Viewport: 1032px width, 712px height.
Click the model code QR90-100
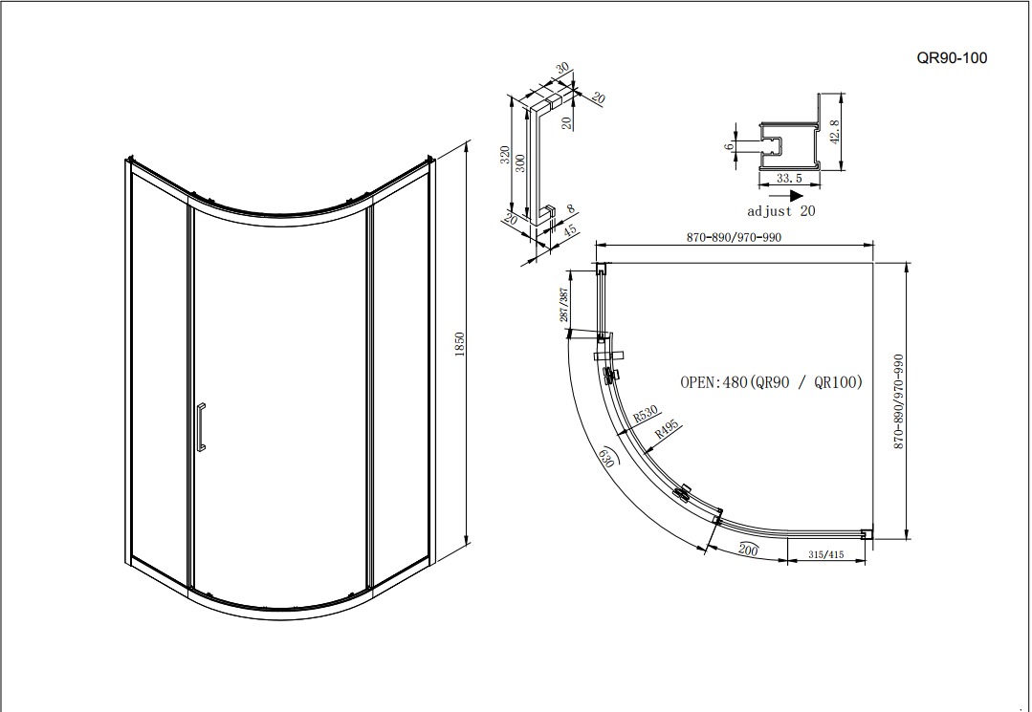(952, 58)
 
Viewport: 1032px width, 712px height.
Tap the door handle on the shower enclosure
(201, 427)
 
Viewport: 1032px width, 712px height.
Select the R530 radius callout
(645, 414)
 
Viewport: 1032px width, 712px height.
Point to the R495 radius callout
(666, 429)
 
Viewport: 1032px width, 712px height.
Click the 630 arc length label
(606, 457)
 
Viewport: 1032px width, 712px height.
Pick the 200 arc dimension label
(748, 550)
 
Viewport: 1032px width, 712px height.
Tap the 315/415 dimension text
(826, 555)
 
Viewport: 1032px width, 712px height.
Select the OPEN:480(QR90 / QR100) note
(771, 382)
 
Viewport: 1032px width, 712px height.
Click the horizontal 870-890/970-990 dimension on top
(734, 237)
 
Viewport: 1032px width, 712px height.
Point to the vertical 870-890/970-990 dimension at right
(898, 401)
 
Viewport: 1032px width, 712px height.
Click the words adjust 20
(781, 211)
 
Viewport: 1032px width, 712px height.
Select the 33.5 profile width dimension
(789, 178)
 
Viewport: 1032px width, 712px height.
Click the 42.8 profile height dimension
(835, 132)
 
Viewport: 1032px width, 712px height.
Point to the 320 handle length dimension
(505, 155)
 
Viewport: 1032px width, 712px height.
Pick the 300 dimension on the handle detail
(520, 163)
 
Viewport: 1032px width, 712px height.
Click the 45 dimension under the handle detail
(570, 230)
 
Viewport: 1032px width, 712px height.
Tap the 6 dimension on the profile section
(729, 146)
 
